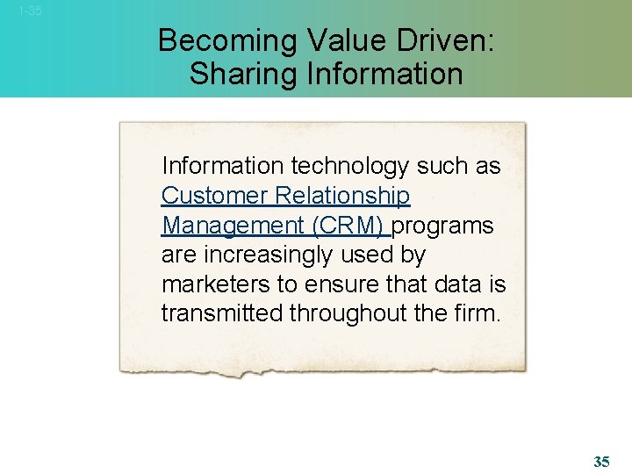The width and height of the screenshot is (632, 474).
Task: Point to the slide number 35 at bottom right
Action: pyautogui.click(x=601, y=462)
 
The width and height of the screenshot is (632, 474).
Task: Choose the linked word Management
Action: pyautogui.click(x=233, y=226)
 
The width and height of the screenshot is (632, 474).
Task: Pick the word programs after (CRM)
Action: pyautogui.click(x=443, y=226)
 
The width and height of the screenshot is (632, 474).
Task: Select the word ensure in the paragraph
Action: pyautogui.click(x=352, y=285)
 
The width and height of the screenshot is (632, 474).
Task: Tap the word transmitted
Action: pyautogui.click(x=222, y=314)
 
